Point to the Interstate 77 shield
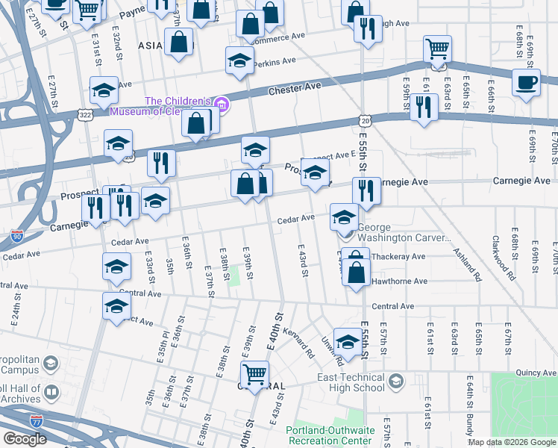(37, 421)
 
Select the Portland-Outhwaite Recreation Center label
(328, 435)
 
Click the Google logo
(25, 439)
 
